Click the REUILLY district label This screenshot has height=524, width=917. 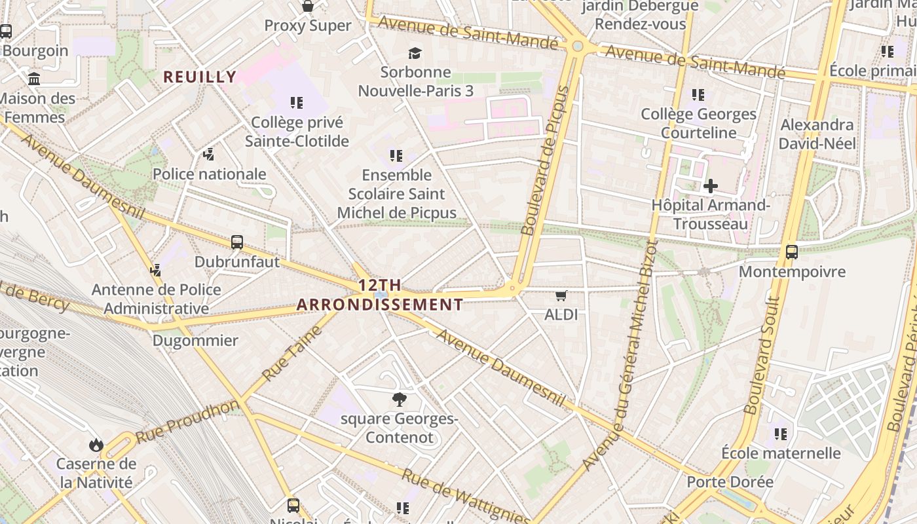pos(200,77)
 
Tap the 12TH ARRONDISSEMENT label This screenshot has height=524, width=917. pos(380,295)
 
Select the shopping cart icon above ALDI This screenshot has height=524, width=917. pos(561,295)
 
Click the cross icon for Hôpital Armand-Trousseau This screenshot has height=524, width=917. pos(710,186)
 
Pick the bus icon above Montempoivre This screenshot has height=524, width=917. pos(791,252)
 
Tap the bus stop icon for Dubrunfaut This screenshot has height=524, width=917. pos(237,242)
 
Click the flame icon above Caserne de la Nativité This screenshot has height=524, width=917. pos(96,445)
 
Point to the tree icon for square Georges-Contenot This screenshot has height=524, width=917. pos(399,400)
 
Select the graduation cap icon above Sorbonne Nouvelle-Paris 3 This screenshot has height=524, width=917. pos(415,53)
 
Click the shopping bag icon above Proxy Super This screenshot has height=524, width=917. pos(307,7)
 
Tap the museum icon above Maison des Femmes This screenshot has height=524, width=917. pos(34,79)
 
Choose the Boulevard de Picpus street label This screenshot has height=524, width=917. pos(546,160)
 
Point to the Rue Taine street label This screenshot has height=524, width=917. pos(293,354)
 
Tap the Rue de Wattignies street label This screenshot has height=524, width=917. pos(466,496)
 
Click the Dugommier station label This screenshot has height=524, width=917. pos(195,341)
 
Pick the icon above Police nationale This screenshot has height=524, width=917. pos(208,155)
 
